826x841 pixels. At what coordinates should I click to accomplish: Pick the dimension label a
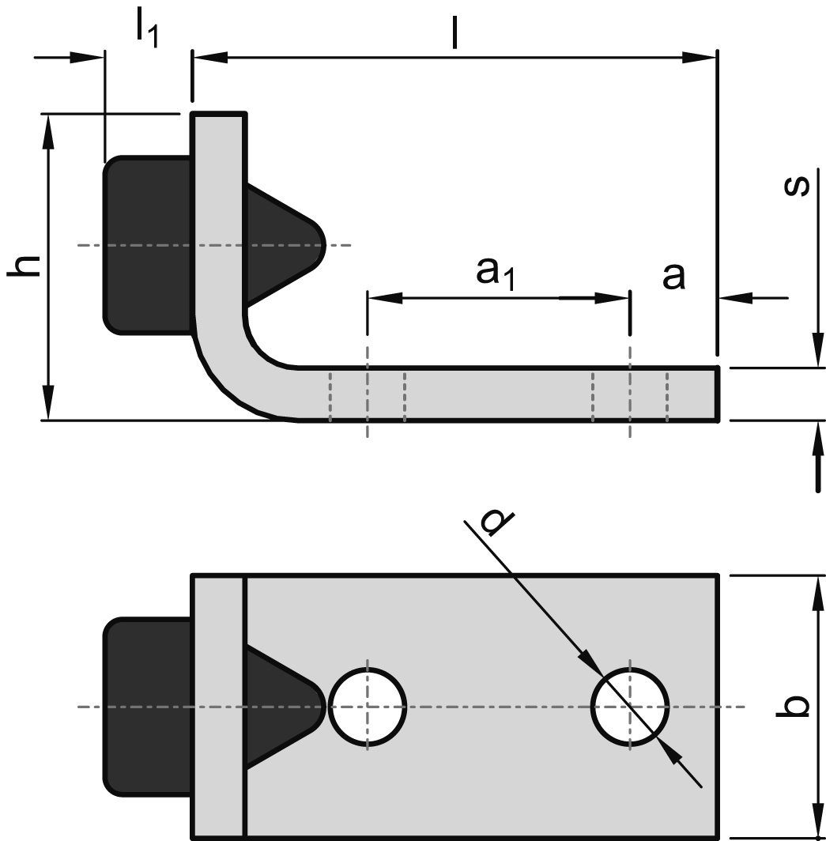(673, 277)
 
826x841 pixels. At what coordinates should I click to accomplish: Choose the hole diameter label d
(497, 522)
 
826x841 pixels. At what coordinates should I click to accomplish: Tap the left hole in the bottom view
(368, 706)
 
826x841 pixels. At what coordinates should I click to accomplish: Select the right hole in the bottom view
(630, 706)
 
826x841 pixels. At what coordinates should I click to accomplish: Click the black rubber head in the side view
(147, 245)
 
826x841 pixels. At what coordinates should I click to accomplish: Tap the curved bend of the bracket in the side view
(237, 371)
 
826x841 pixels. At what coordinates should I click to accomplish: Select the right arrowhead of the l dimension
(700, 57)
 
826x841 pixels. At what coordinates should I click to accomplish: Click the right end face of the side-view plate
(718, 394)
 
